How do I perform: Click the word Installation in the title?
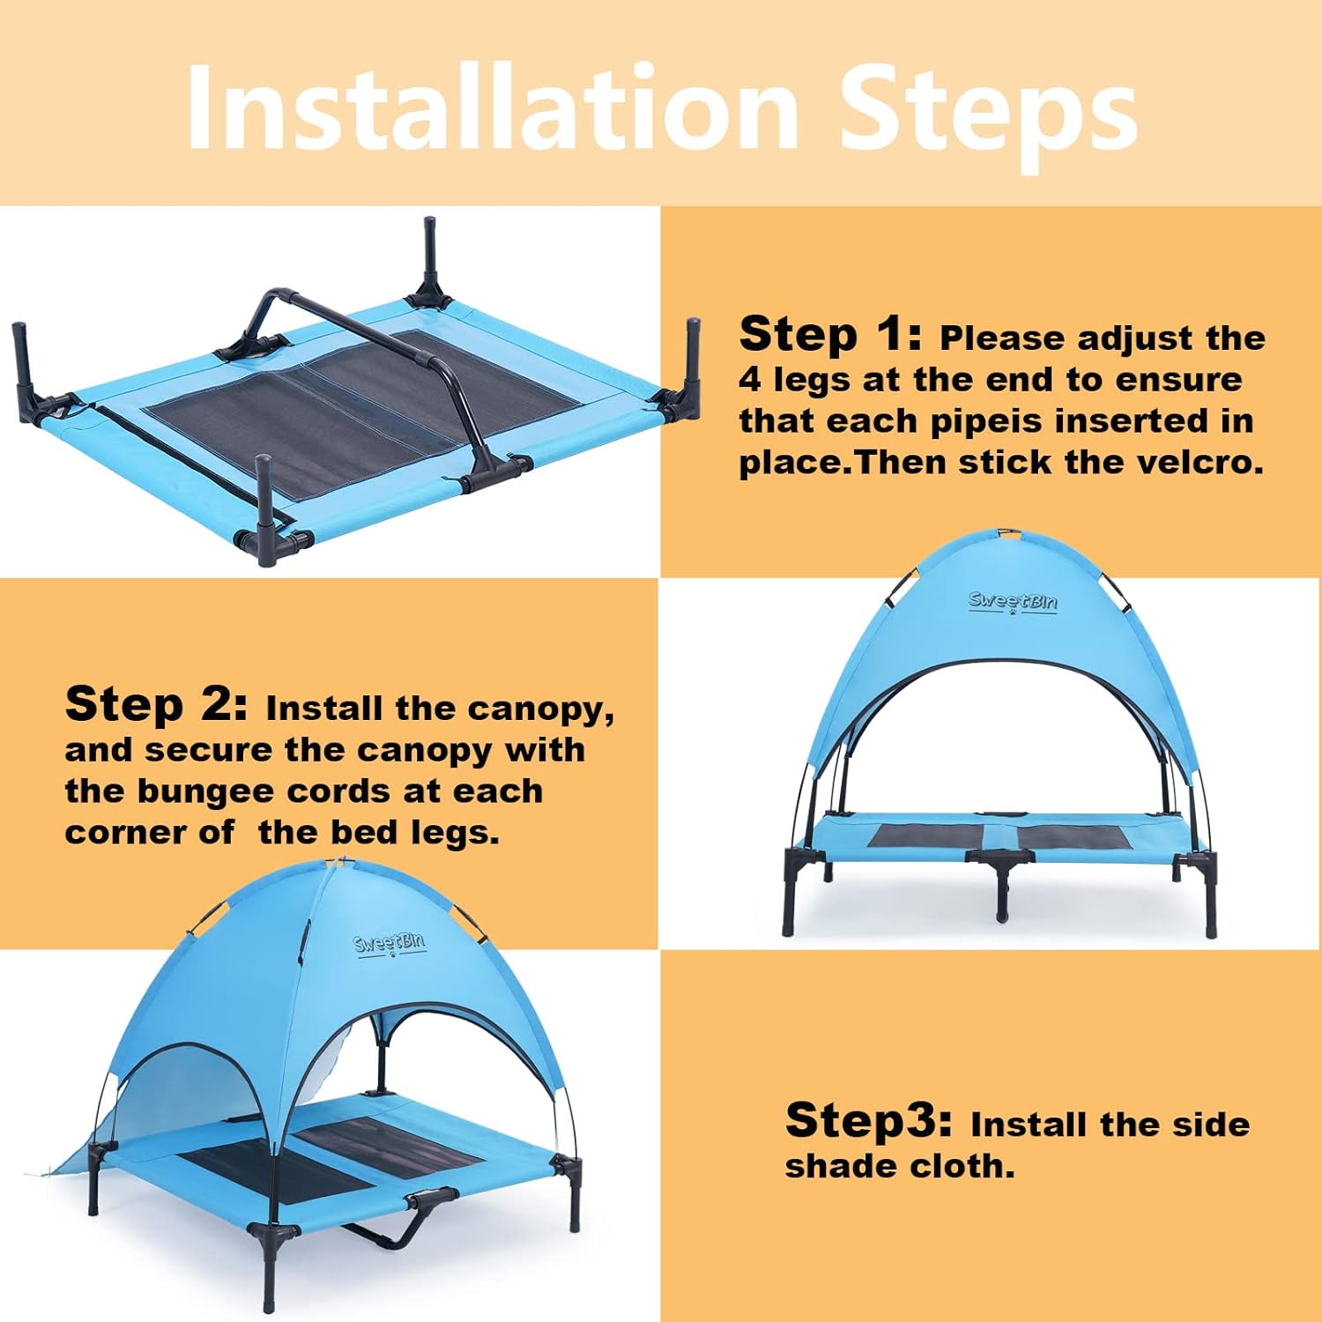click(x=494, y=108)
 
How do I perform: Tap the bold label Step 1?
click(x=830, y=334)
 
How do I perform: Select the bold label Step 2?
click(x=157, y=704)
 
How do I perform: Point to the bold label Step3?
click(x=869, y=1120)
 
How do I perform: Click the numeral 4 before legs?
click(x=750, y=380)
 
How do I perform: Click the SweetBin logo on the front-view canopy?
click(x=1013, y=602)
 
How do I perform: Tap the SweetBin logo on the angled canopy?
click(x=390, y=943)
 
